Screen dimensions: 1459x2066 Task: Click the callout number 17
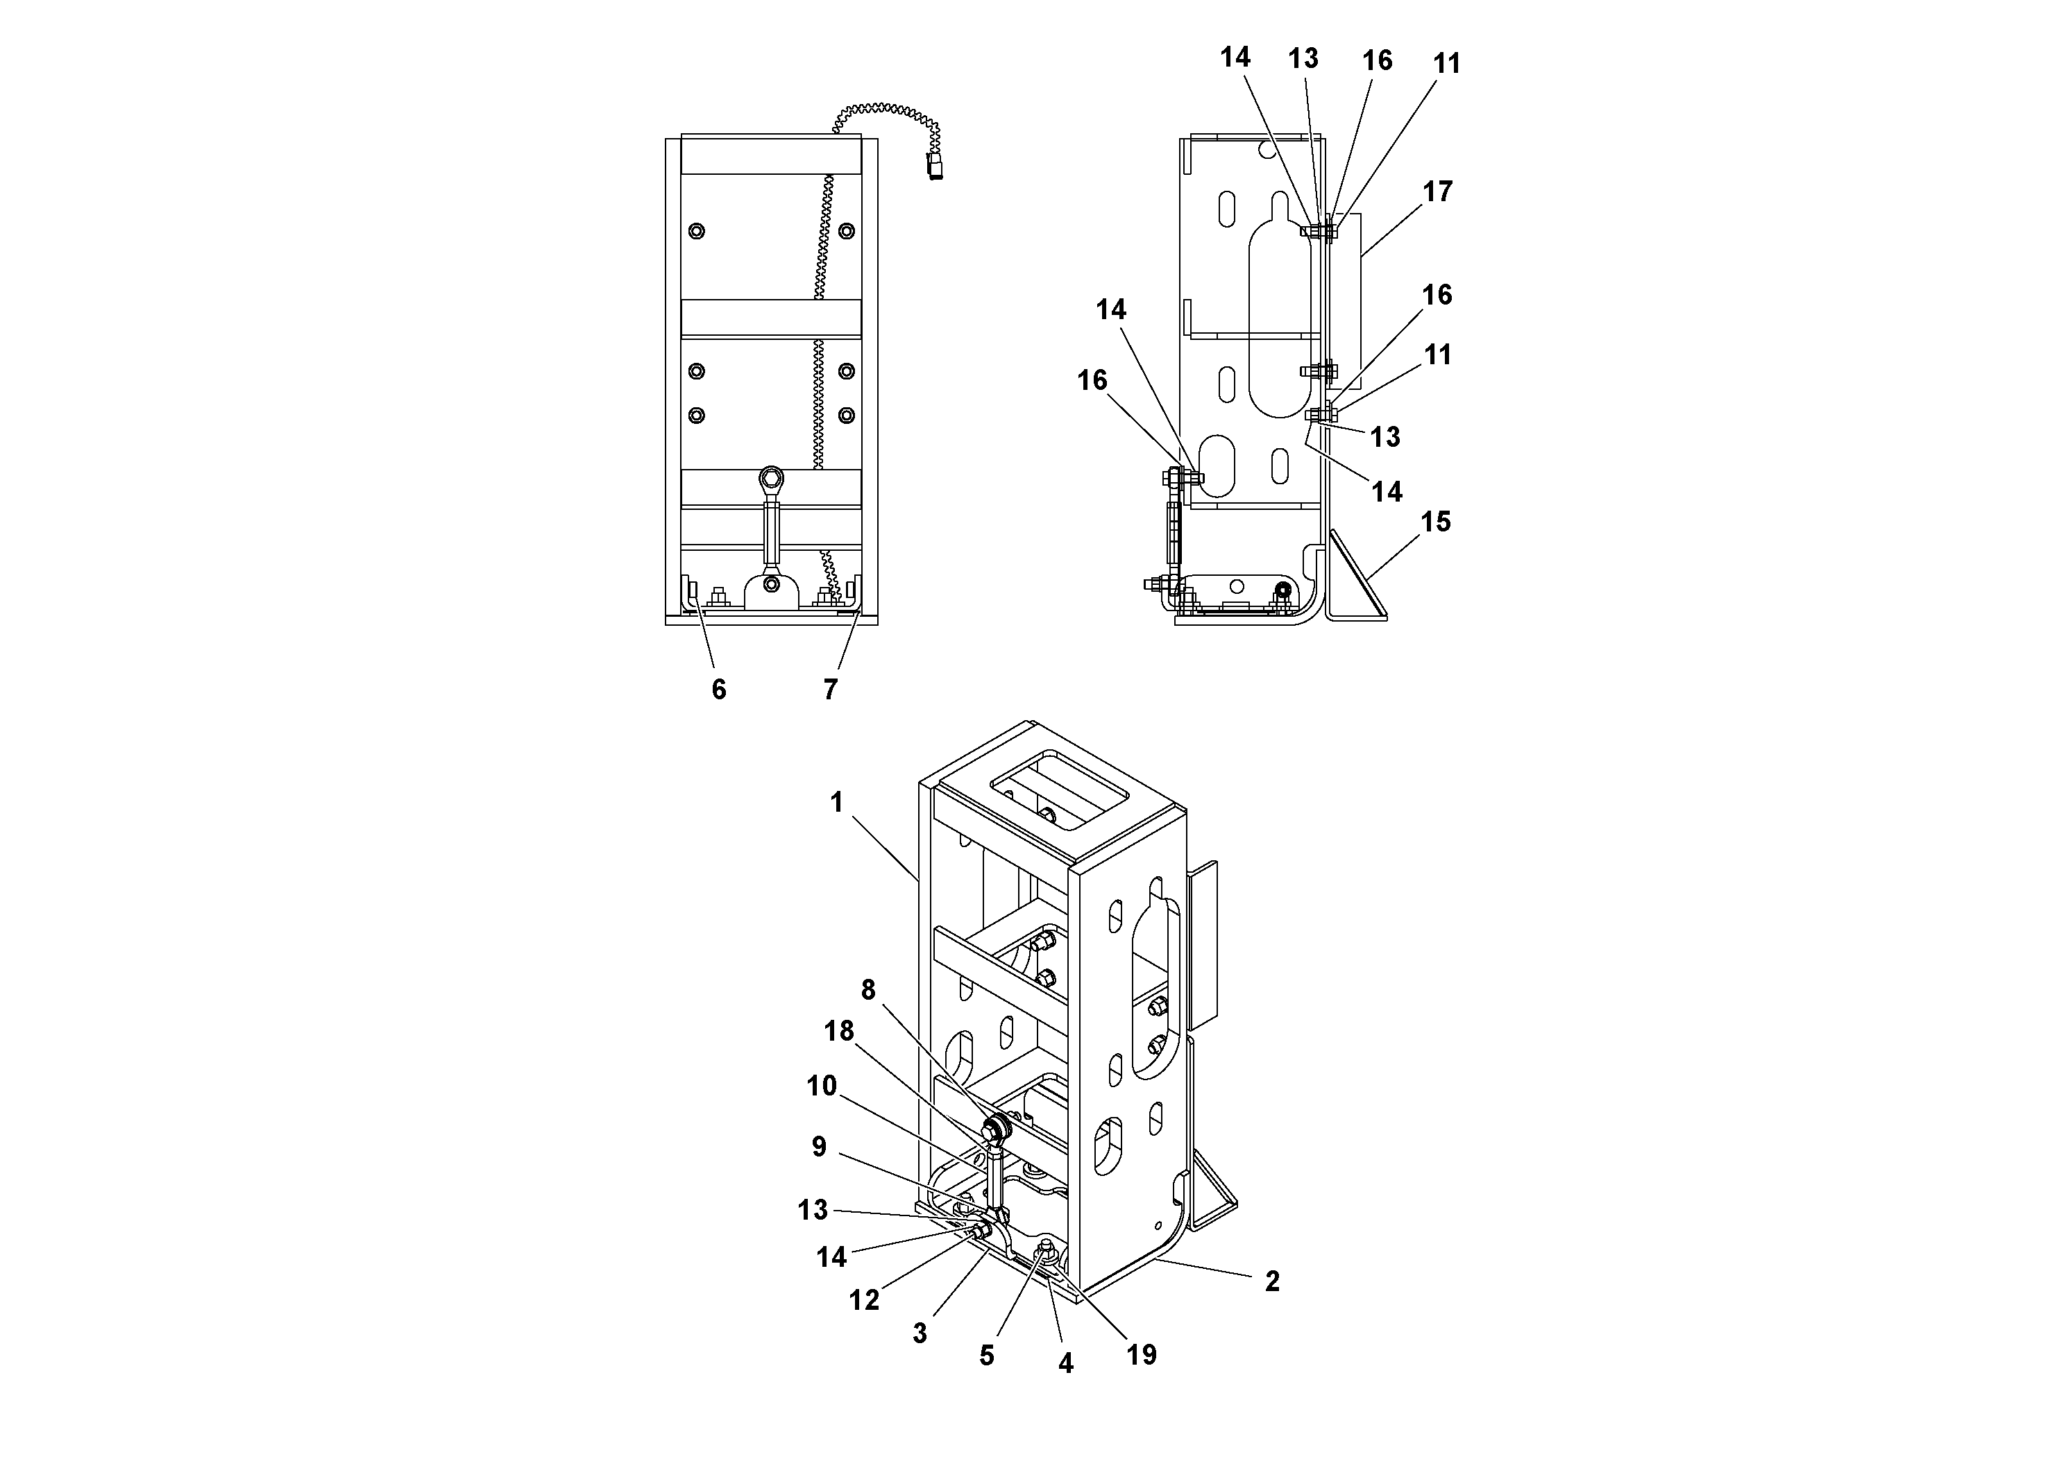[x=1437, y=191]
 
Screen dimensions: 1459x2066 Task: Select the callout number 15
[x=1435, y=522]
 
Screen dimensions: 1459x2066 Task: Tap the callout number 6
[x=718, y=690]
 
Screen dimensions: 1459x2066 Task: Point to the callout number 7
[x=829, y=690]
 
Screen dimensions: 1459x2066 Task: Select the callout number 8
[x=867, y=990]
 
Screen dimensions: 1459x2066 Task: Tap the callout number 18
[x=838, y=1031]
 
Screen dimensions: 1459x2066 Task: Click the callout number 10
[x=822, y=1086]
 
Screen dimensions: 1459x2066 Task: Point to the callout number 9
[x=819, y=1147]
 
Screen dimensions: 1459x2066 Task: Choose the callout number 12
[x=864, y=1301]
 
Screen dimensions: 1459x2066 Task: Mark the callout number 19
[x=1141, y=1355]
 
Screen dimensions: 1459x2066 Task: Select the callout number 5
[x=986, y=1356]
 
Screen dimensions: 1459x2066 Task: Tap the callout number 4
[x=1065, y=1364]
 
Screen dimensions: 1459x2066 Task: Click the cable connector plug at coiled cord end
[x=935, y=167]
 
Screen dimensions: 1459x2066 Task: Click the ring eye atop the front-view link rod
[x=771, y=477]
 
